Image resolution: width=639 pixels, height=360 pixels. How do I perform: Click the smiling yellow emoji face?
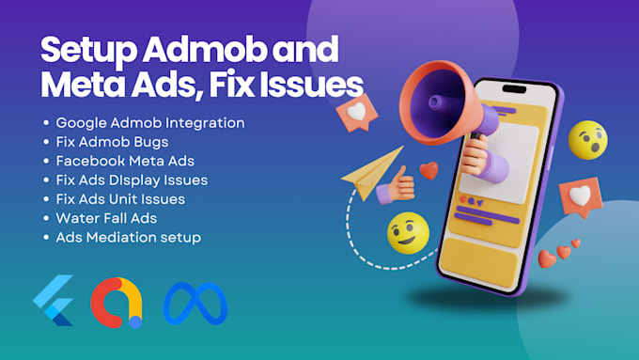coord(408,233)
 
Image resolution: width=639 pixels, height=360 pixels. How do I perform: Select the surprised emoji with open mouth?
coord(588,139)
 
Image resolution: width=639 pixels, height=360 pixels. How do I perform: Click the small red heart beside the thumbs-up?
coord(429,171)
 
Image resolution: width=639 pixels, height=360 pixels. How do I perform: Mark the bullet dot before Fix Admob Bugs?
coord(47,142)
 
